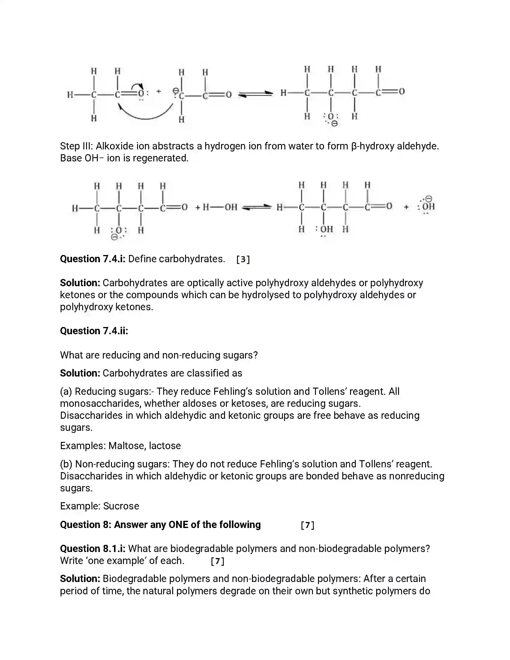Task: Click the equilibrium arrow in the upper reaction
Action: pyautogui.click(x=255, y=94)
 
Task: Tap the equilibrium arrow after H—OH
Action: pyautogui.click(x=257, y=207)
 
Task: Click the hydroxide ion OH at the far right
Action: pyautogui.click(x=427, y=207)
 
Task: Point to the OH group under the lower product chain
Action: pyautogui.click(x=326, y=229)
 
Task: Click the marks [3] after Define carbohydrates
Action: pyautogui.click(x=243, y=259)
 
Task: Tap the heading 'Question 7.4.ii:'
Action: pyautogui.click(x=94, y=331)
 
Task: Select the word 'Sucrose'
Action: pyautogui.click(x=121, y=506)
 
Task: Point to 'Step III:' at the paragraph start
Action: pyautogui.click(x=77, y=146)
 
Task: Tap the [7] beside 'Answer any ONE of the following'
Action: pyautogui.click(x=307, y=525)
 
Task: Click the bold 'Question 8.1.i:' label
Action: pyautogui.click(x=92, y=549)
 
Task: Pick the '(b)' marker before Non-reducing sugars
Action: pyautogui.click(x=66, y=464)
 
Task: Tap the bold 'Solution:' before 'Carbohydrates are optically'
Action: pyautogui.click(x=80, y=283)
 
